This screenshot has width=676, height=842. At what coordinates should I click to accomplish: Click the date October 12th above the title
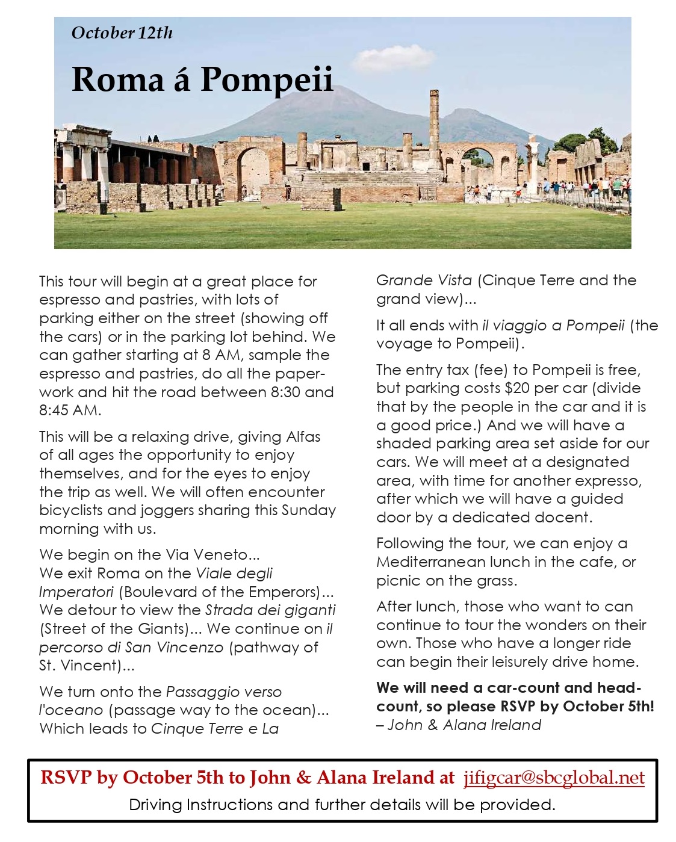coord(122,33)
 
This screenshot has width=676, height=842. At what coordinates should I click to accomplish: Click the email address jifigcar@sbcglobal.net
coord(554,778)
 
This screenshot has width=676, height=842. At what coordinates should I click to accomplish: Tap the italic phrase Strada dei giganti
coord(270,610)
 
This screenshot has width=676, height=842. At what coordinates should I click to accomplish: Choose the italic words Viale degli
coord(234,573)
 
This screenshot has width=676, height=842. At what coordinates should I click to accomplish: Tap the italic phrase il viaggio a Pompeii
coord(553,326)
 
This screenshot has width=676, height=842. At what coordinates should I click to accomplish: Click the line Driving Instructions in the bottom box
coord(342,805)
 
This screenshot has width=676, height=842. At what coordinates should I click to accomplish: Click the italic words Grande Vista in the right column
coord(424,280)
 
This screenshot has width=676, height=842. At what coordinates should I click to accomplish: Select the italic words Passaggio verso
coord(223,692)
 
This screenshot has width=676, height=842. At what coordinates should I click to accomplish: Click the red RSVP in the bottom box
coord(66,778)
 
